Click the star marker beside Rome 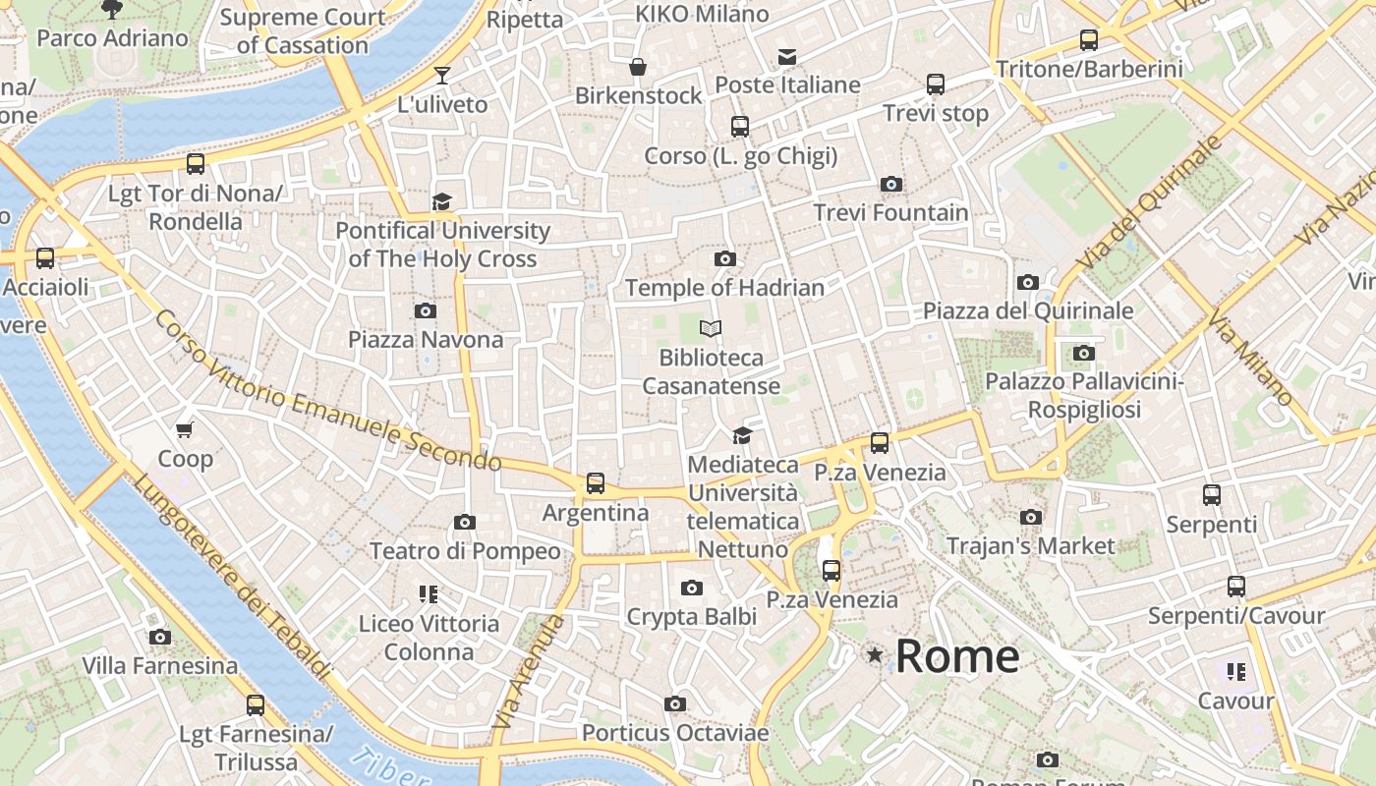(x=874, y=654)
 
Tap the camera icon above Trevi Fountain (x=891, y=184)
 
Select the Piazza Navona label (x=426, y=340)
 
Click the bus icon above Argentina (x=596, y=482)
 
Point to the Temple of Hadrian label (x=724, y=288)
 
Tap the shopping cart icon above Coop (x=184, y=429)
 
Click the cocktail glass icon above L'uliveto (x=442, y=76)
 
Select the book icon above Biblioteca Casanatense (x=711, y=328)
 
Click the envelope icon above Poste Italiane (x=787, y=56)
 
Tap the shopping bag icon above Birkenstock (x=638, y=67)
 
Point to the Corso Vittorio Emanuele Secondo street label (x=327, y=390)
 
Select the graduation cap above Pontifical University (x=442, y=201)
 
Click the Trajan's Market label (x=1030, y=546)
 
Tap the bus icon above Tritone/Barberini (x=1089, y=40)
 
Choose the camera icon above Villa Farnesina (x=160, y=637)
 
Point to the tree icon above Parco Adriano (x=112, y=10)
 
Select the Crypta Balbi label (x=692, y=617)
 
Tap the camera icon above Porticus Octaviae (x=674, y=703)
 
